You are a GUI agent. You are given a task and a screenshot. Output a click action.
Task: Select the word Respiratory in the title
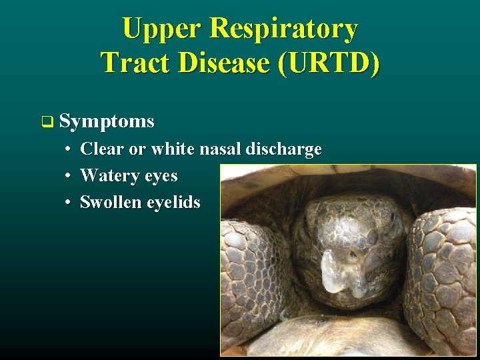[x=283, y=29]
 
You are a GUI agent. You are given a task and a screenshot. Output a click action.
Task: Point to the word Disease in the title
[x=221, y=63]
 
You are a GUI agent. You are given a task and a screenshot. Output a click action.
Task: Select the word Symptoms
[x=107, y=121]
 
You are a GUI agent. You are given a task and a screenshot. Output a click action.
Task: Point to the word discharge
[x=283, y=149]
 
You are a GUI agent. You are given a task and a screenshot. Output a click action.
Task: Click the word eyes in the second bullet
[x=160, y=177]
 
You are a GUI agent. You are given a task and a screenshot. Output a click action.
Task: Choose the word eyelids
[x=173, y=203]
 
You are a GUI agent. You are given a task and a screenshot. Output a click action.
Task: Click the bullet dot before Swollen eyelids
[x=69, y=203]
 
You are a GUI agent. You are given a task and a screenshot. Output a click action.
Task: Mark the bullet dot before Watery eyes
[x=69, y=176]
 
